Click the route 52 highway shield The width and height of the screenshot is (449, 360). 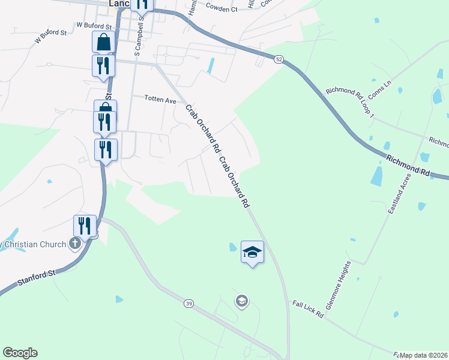279,59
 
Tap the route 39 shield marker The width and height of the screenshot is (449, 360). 189,305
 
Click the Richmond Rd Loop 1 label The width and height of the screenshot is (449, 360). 350,103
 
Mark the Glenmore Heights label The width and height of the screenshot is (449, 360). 338,285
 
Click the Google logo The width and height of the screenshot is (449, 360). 20,353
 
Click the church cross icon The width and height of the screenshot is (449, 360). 74,243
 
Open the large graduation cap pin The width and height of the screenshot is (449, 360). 252,252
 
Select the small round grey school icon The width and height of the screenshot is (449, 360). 242,301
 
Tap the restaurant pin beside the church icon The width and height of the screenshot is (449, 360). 85,226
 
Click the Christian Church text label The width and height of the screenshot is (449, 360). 34,244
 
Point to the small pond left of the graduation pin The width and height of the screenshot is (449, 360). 232,247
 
